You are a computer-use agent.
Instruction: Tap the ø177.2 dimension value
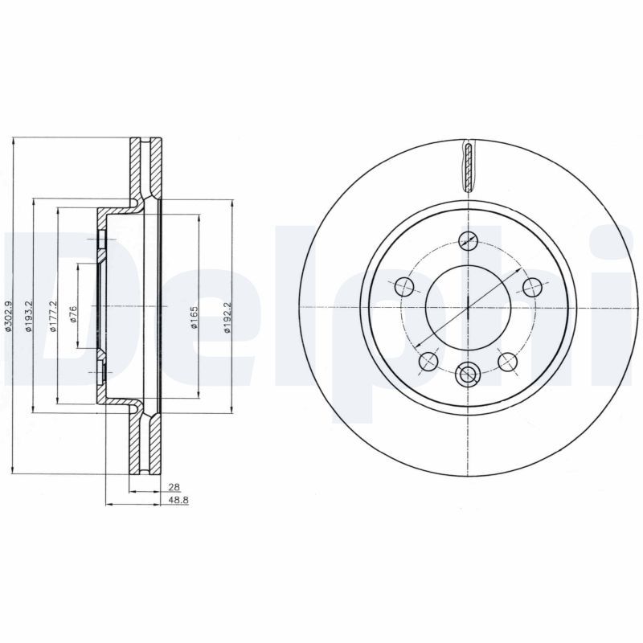coord(52,314)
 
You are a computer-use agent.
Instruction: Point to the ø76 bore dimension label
coord(72,314)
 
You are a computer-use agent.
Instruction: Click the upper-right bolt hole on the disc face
coord(531,286)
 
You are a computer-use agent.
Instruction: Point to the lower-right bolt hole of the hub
coord(507,362)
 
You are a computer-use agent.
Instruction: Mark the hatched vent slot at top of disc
coord(468,166)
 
